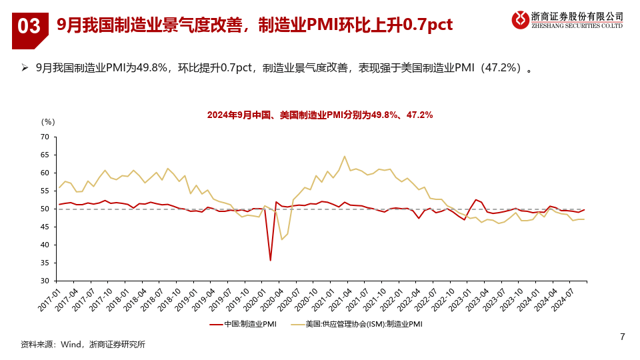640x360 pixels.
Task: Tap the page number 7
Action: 622,337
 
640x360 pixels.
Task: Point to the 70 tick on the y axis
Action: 45,137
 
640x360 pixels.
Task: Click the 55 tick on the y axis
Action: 45,191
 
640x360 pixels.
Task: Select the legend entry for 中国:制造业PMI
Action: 243,324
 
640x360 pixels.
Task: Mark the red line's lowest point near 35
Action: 270,260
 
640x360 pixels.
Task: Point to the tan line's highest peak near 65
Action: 345,157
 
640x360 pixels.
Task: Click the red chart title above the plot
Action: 320,115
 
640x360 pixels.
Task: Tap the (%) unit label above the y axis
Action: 48,121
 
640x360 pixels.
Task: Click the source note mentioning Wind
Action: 83,344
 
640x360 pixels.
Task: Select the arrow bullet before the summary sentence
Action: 25,68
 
